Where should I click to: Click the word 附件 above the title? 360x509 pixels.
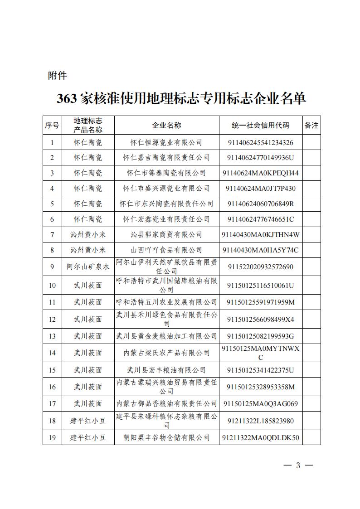tap(58, 76)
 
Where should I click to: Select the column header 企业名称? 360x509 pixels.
tap(166, 126)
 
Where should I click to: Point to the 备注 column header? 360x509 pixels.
tap(311, 126)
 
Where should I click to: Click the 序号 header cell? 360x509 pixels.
tap(52, 126)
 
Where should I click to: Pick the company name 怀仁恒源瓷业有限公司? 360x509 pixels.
tap(166, 142)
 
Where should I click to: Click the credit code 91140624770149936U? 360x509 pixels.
tap(260, 158)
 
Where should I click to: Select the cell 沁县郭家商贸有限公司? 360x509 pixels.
tap(166, 234)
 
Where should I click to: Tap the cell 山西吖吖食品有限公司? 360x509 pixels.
tap(166, 250)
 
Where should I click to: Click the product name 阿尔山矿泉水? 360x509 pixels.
tap(88, 267)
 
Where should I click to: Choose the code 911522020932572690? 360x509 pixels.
tap(260, 267)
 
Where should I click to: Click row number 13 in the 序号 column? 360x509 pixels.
tap(52, 336)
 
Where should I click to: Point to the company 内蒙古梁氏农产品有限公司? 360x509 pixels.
tap(166, 353)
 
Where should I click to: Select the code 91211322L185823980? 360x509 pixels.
tap(260, 421)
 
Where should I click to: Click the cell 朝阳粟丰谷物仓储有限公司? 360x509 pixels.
tap(166, 437)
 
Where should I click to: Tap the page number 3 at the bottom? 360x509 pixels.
tap(298, 465)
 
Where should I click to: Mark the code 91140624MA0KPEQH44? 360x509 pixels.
tap(260, 173)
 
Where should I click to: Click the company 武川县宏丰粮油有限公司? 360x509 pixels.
tap(166, 370)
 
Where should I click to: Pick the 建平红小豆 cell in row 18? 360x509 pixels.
tap(88, 421)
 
